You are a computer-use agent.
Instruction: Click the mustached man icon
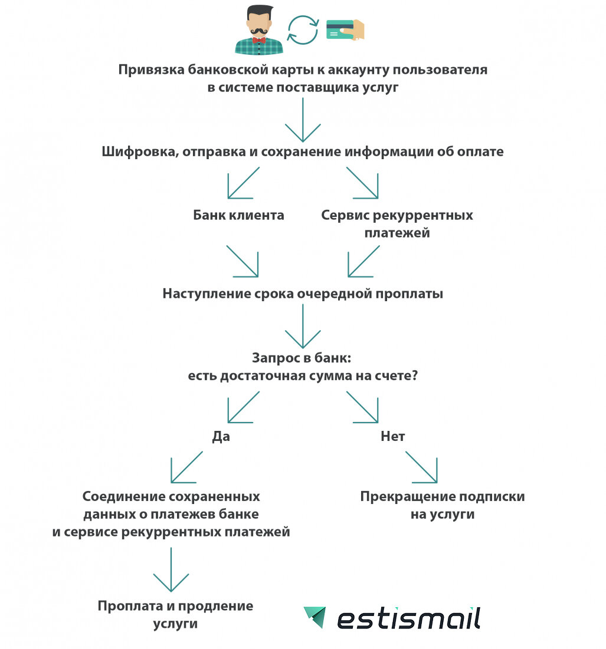(x=258, y=31)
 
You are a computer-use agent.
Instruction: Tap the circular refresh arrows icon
(x=303, y=31)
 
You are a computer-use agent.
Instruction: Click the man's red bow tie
(x=258, y=41)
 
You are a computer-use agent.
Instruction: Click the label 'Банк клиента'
(x=238, y=215)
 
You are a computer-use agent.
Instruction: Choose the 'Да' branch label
(x=221, y=437)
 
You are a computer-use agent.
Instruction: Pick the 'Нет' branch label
(x=392, y=437)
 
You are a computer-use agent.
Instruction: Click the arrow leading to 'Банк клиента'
(x=243, y=183)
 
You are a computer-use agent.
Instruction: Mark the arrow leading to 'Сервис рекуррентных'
(x=362, y=183)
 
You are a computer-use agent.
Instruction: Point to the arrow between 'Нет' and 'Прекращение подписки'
(x=421, y=467)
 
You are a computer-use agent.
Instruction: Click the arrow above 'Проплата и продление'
(x=171, y=569)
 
